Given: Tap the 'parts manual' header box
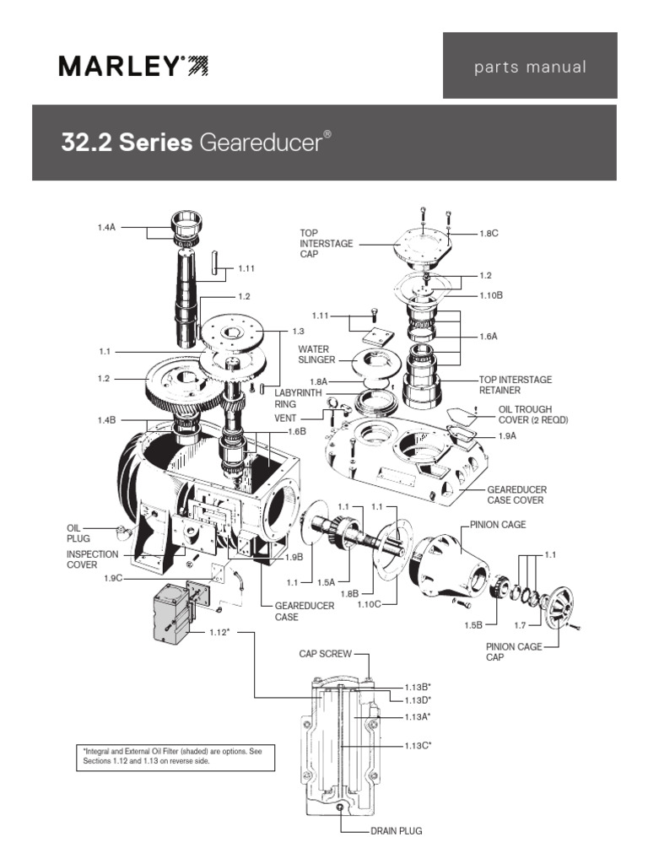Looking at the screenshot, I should point(529,67).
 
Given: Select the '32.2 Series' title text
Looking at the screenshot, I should point(127,143).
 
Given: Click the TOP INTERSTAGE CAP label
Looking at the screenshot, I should point(324,243).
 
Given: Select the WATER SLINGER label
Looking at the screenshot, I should point(313,354).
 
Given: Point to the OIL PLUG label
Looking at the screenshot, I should point(78,532).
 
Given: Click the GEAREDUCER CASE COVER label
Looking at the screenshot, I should point(516,494).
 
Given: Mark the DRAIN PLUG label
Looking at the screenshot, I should point(396,831).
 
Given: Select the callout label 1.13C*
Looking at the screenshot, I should point(417,745).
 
